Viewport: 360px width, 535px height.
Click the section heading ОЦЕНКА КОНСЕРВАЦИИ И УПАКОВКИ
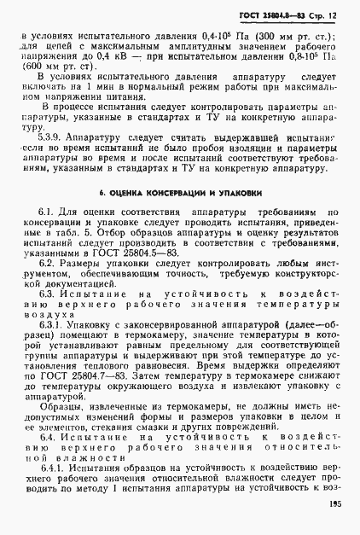pos(180,195)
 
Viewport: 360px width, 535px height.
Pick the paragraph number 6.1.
pos(47,212)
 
